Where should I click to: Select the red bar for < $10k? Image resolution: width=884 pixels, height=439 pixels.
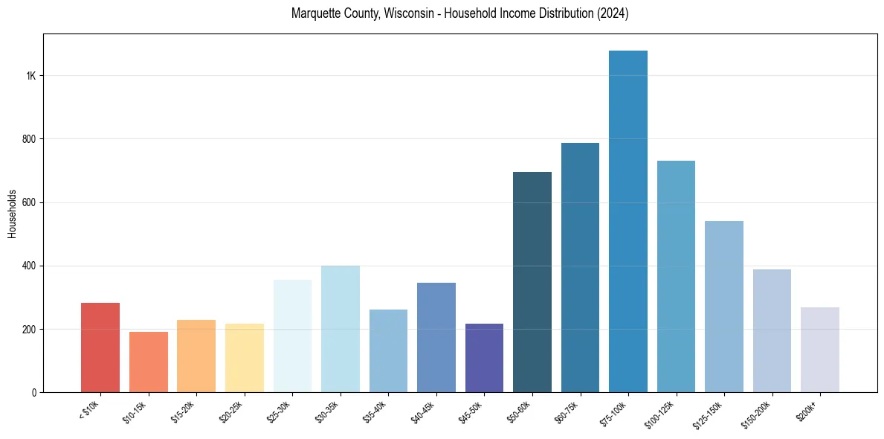100,347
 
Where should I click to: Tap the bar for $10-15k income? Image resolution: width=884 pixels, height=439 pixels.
148,362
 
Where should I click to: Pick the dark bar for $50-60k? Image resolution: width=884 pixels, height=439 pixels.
532,282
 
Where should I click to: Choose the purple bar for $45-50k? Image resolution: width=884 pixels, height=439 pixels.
484,358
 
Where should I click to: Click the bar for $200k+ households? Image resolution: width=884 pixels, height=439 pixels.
820,350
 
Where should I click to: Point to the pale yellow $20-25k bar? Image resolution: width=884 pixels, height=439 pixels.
244,358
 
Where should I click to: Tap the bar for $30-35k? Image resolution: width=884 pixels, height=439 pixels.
341,329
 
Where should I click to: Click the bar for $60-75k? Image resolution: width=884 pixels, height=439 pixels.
580,268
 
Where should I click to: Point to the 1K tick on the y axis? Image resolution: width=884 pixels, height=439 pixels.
31,76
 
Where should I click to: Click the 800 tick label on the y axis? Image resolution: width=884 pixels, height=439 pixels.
29,139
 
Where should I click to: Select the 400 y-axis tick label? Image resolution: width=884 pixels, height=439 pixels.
29,266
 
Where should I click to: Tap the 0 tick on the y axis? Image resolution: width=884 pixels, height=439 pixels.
34,392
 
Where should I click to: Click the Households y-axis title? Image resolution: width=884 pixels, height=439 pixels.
12,214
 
